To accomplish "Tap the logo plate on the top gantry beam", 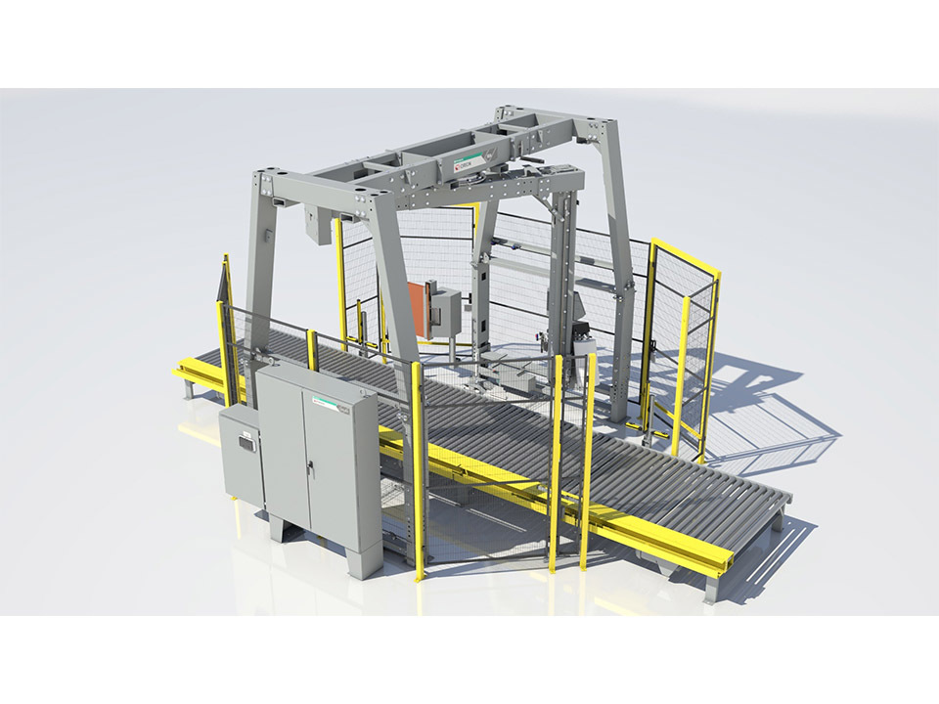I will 467,163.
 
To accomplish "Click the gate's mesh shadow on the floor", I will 773,420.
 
